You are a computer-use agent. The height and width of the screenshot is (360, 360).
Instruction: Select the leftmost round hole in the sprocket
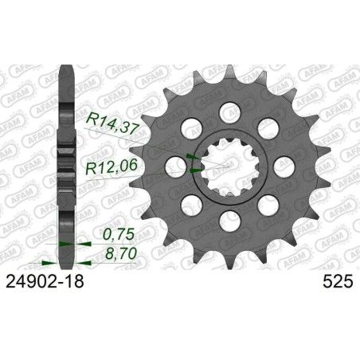tap(172, 165)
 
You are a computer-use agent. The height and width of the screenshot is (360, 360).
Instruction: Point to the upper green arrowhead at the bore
tap(190, 158)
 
